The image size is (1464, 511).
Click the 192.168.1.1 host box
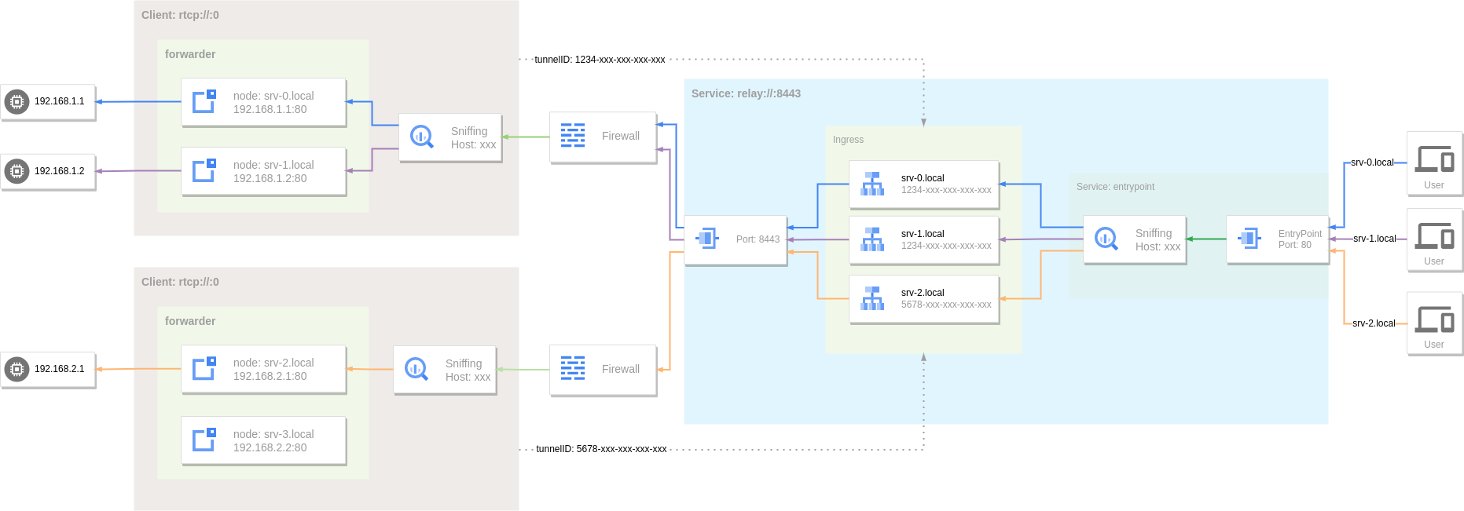(48, 102)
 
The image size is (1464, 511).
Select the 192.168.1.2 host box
(48, 171)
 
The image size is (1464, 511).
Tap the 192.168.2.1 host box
(48, 369)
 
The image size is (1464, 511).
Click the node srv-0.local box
(263, 102)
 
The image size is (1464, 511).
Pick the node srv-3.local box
(263, 440)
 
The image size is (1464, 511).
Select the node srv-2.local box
(263, 369)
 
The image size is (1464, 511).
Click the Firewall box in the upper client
(603, 137)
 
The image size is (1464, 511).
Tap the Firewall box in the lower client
(603, 370)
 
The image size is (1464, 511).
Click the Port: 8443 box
(736, 239)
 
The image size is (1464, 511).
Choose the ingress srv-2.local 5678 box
(924, 298)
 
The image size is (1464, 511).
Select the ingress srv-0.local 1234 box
(924, 184)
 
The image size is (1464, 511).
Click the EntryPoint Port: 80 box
(1278, 239)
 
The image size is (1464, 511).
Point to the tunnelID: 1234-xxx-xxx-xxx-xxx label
(600, 60)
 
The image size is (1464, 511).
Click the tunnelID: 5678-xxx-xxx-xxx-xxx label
(601, 449)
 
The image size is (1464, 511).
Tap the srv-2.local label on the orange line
(1374, 323)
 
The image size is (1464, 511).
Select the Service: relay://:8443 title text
(746, 93)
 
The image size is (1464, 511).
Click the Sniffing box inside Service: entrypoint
(1135, 239)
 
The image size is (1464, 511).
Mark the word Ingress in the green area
(848, 140)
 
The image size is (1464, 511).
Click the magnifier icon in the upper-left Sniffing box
(422, 137)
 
